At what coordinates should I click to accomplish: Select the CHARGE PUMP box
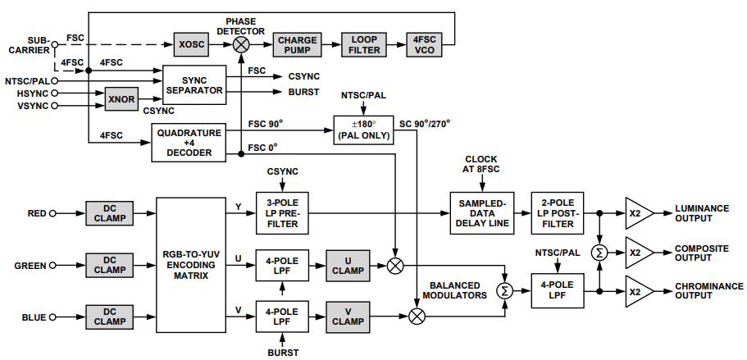295,44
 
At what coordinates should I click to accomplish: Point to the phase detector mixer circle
240,44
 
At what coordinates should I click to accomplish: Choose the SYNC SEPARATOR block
193,84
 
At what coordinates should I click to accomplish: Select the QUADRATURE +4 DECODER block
189,142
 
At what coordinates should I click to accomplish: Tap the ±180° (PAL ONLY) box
363,130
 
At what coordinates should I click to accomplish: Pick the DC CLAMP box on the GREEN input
109,265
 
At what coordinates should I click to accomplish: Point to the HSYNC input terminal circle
55,93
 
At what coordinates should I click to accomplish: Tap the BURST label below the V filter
283,353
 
